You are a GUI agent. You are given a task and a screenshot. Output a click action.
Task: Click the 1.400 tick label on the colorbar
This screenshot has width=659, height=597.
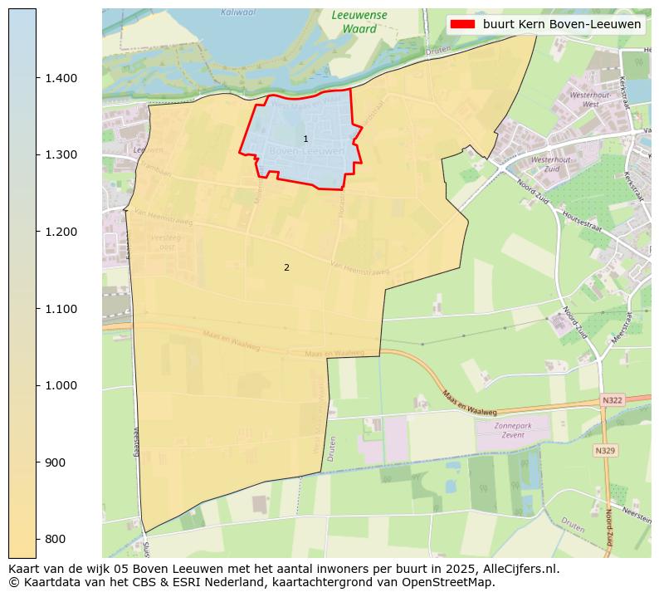click(x=61, y=78)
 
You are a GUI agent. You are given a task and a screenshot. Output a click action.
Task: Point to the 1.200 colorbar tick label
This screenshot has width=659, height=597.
click(x=61, y=232)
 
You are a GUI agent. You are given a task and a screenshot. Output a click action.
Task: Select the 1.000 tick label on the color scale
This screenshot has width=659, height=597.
click(x=61, y=385)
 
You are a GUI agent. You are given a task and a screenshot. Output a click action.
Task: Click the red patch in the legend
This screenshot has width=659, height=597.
click(x=463, y=25)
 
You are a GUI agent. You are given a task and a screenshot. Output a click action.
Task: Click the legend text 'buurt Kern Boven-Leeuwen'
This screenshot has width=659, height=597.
click(x=562, y=25)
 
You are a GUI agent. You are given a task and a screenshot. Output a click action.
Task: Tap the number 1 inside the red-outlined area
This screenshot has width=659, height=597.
click(x=305, y=139)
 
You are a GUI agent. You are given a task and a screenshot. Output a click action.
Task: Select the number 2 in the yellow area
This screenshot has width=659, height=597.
click(x=286, y=267)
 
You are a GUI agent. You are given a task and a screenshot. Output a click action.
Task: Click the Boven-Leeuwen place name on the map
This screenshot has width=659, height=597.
click(x=306, y=152)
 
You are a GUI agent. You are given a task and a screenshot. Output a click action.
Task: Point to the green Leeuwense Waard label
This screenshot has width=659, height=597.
click(x=359, y=22)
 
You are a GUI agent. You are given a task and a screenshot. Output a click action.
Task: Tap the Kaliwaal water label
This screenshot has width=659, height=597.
click(x=238, y=12)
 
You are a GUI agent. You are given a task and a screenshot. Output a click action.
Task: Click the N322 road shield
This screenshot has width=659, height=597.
click(x=612, y=400)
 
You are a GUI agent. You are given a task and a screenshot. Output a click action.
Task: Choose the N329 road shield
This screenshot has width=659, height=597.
click(x=605, y=451)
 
